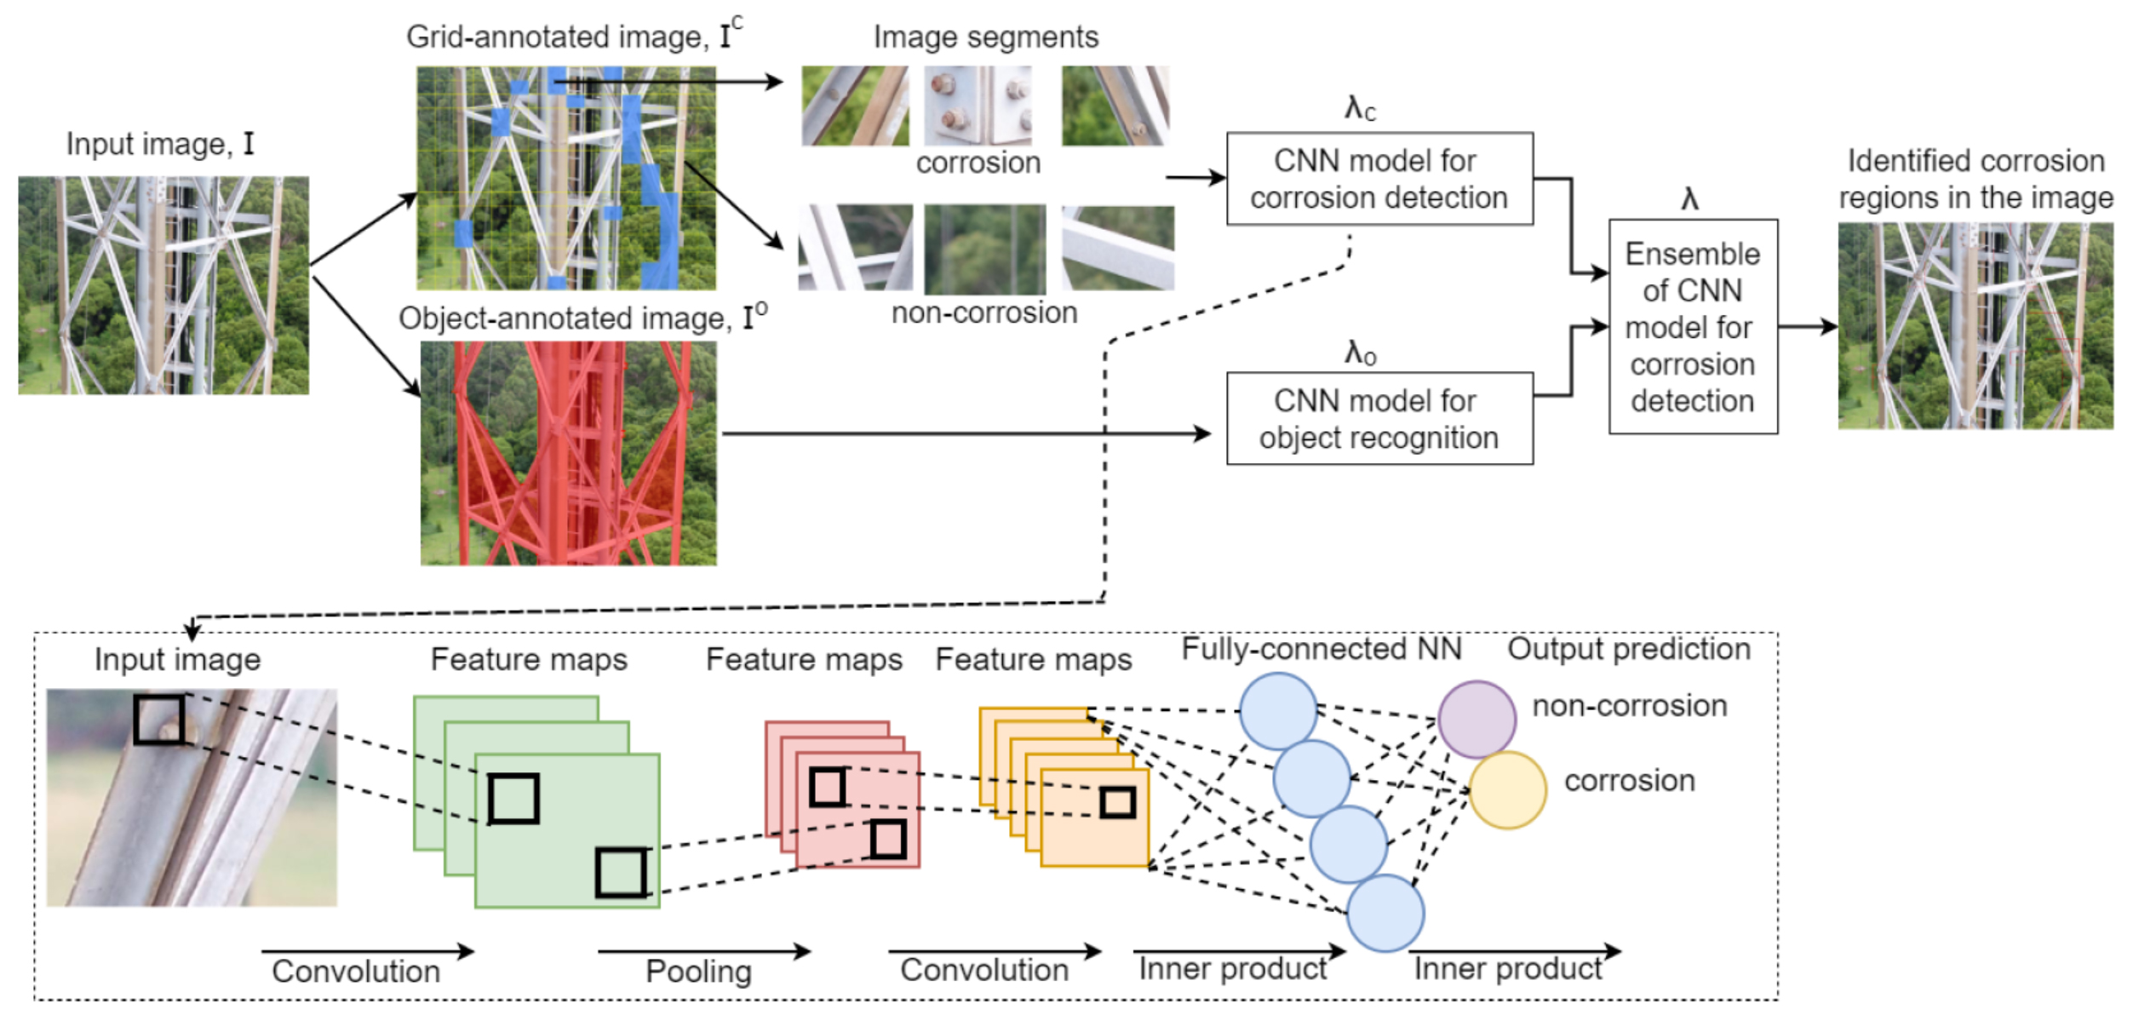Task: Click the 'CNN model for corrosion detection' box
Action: tap(1379, 179)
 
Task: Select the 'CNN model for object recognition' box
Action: tap(1379, 418)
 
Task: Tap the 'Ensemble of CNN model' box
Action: tap(1692, 327)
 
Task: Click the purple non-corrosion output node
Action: tap(1476, 720)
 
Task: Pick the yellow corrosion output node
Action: tap(1507, 790)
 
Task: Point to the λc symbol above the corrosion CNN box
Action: tap(1360, 109)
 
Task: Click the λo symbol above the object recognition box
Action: tap(1360, 352)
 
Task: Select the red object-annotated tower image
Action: tap(568, 453)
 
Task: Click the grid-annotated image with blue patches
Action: tap(565, 179)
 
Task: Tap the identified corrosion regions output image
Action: tap(1975, 326)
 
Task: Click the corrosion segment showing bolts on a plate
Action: tap(978, 106)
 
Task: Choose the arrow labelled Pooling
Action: tap(703, 951)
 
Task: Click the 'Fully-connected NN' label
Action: tap(1321, 649)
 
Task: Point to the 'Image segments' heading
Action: tap(985, 37)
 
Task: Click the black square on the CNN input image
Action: tap(159, 720)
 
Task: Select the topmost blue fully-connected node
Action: tap(1278, 711)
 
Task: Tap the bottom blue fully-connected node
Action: tap(1385, 913)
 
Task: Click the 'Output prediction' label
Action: tap(1628, 649)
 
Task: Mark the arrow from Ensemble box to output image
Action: tap(1807, 327)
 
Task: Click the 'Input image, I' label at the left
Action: tap(160, 144)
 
